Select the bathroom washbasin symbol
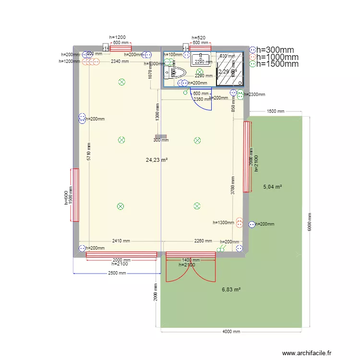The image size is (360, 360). [198, 60]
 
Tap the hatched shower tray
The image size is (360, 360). [229, 68]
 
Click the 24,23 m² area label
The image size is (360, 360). [156, 160]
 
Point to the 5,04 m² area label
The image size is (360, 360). [272, 187]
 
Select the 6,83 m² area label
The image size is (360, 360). [231, 289]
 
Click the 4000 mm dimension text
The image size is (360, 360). [231, 331]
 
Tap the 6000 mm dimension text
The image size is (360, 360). [310, 222]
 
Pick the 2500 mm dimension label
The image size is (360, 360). [117, 273]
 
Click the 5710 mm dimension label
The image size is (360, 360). [89, 152]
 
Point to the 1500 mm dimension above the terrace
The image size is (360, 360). [275, 111]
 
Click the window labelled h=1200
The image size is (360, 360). [121, 48]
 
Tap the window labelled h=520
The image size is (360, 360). [200, 48]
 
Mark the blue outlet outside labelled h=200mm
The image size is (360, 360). [252, 224]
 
